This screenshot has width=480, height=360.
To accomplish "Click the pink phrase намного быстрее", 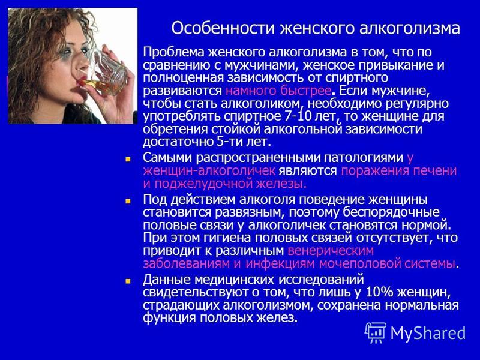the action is point(278,91).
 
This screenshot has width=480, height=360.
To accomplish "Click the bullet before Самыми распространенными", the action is point(128,160).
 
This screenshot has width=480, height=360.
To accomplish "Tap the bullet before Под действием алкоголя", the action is point(128,201).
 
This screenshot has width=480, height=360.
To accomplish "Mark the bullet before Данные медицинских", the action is point(128,281).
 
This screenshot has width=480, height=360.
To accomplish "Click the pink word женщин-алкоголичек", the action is point(209,171).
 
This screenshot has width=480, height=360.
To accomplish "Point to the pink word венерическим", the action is point(331,251).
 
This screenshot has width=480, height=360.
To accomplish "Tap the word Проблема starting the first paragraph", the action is point(173,52).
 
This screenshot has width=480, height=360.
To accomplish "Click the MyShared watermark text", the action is point(428,333).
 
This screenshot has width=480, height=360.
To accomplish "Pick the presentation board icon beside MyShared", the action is point(376,332).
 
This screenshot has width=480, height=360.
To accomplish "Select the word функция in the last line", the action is point(170,317).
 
